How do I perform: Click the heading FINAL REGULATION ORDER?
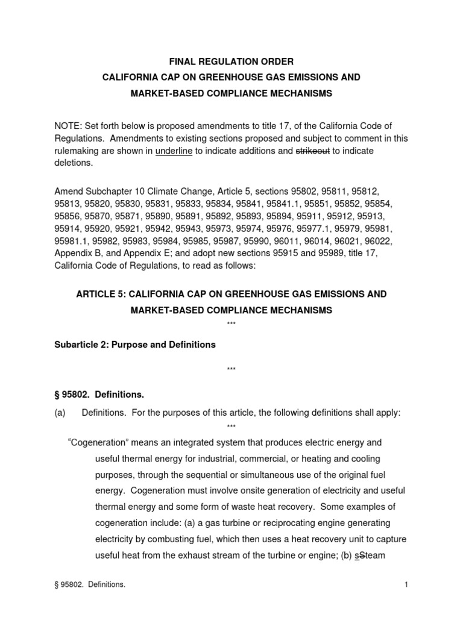(231, 61)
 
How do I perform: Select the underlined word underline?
(174, 151)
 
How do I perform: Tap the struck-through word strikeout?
(312, 151)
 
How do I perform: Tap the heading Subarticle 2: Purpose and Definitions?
(136, 345)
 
